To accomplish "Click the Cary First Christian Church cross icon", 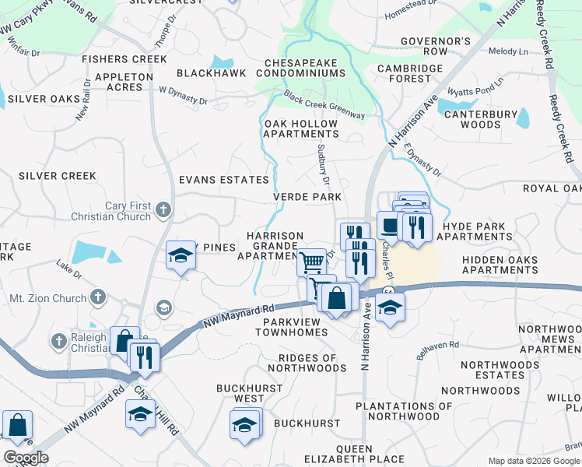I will (x=163, y=209).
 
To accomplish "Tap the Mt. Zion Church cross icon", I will (x=97, y=297).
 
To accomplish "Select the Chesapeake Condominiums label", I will (x=304, y=68).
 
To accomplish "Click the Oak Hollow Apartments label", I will (x=301, y=128).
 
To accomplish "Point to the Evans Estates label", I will (x=212, y=180).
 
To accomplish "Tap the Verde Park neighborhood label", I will (x=307, y=198).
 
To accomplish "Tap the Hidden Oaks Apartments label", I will (x=499, y=265).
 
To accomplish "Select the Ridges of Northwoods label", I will (x=307, y=363).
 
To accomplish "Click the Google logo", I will (x=26, y=458).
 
